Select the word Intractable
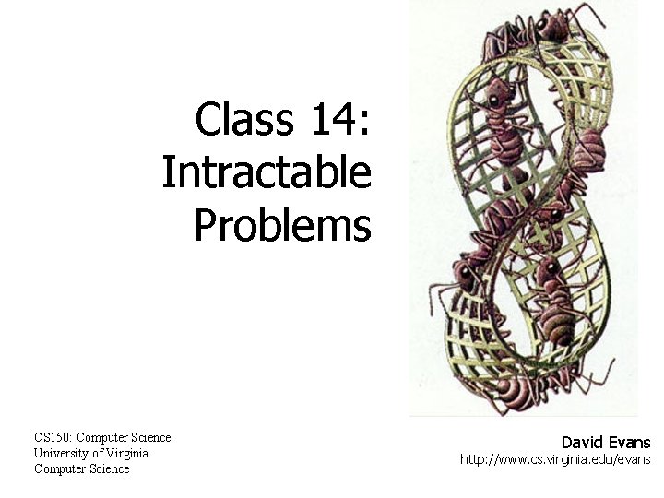coord(267,172)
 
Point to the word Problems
coord(282,225)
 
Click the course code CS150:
coord(53,437)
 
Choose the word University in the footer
coord(61,453)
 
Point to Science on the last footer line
coord(110,468)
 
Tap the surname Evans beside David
coord(630,443)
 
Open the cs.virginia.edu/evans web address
coord(555,459)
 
